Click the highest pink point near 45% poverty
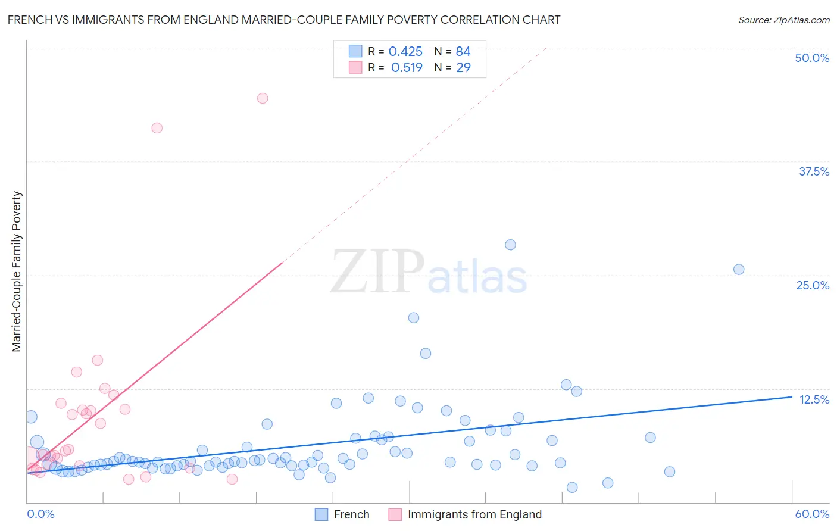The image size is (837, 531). coord(263,98)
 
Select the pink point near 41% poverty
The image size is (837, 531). coord(157,128)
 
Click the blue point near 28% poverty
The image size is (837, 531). coord(510,245)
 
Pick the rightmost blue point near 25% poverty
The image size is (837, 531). coord(739,269)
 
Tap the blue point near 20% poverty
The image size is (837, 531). coord(414,318)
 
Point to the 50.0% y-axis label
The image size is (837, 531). coord(812,58)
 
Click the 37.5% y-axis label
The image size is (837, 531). coord(814,171)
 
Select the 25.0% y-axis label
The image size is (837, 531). coord(813,285)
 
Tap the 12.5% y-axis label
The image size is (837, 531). coord(814,399)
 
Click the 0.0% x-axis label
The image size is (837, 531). coord(40,514)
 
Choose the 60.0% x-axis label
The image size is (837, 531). coord(812,514)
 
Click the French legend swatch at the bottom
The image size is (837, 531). coord(321,514)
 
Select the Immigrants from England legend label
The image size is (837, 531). coord(474,514)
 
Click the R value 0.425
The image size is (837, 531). coord(405,51)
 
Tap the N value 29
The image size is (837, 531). coord(463,67)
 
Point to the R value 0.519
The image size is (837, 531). coord(407,67)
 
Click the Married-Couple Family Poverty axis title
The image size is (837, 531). coord(17,271)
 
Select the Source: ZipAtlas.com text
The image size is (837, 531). coord(783,20)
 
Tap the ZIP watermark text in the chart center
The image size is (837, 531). coord(377,272)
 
